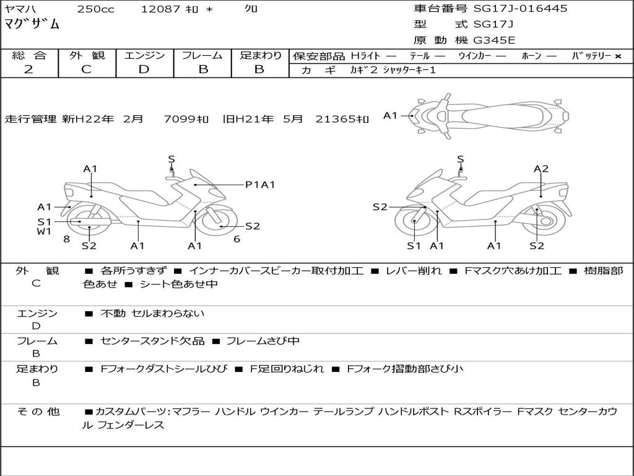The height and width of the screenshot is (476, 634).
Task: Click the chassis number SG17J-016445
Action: [520, 9]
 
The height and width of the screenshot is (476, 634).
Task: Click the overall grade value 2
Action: [28, 69]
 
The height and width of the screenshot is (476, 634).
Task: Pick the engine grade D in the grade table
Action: [144, 69]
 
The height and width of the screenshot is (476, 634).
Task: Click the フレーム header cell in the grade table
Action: [202, 56]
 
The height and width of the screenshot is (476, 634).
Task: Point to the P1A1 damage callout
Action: [260, 184]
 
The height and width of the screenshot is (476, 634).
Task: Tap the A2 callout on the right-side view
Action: [541, 169]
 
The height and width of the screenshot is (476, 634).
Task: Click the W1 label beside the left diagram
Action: [43, 232]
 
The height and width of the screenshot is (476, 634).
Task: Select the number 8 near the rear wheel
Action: [66, 239]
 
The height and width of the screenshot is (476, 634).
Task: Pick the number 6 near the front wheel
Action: [237, 239]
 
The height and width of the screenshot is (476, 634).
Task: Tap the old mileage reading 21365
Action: [334, 119]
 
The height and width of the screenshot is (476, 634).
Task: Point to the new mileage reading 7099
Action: [178, 119]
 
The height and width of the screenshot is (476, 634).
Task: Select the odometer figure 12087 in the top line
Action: [161, 9]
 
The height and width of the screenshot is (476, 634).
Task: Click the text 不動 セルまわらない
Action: [152, 314]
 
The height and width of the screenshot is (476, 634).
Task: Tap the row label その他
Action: [38, 412]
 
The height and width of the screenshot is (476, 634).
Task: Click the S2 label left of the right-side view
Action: [380, 207]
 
